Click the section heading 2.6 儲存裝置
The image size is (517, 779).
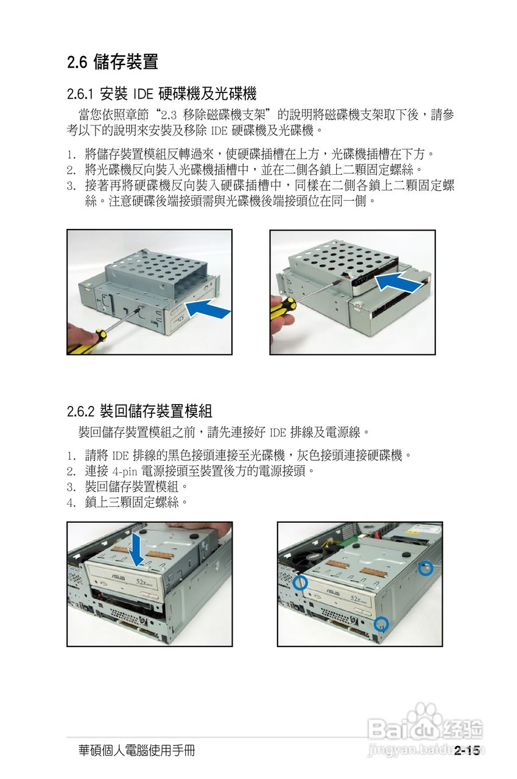[x=113, y=61]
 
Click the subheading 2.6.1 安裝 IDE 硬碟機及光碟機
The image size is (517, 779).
[x=161, y=94]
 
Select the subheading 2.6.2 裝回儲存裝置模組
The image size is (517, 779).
[x=139, y=411]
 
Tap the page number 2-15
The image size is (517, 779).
[x=467, y=751]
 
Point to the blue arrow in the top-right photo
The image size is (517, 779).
[x=398, y=282]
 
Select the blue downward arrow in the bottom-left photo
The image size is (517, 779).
[x=137, y=548]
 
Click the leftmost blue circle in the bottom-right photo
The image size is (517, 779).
[x=300, y=582]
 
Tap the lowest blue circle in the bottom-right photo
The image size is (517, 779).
[x=381, y=623]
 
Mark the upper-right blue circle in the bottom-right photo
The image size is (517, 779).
[x=426, y=568]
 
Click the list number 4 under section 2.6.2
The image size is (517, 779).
[x=71, y=503]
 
